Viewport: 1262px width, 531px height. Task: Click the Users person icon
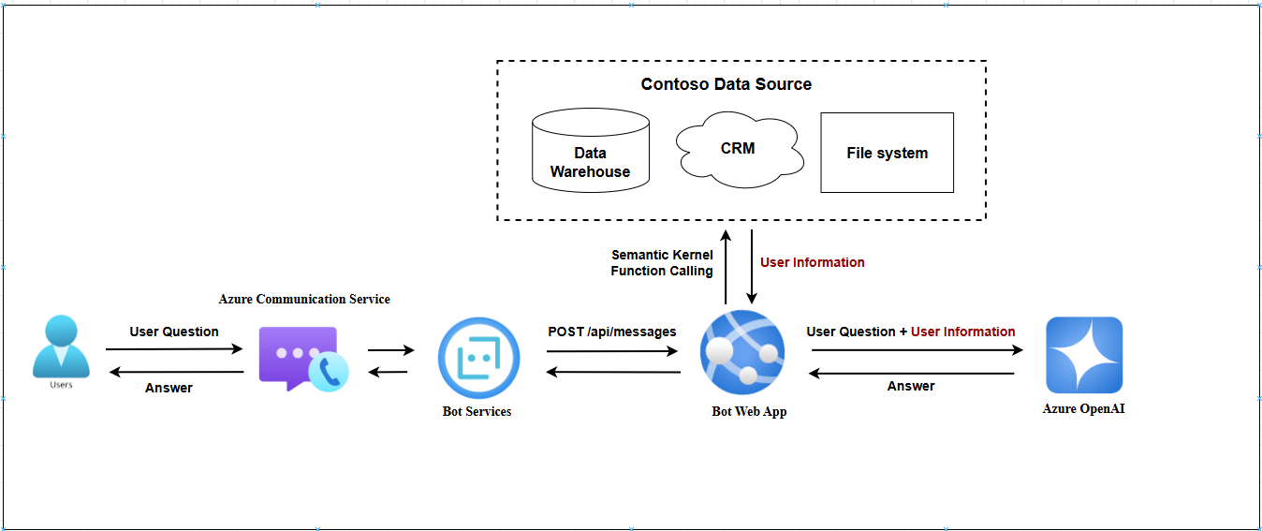point(61,347)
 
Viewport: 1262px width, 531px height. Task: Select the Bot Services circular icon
point(478,358)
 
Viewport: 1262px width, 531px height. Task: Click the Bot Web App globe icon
point(742,353)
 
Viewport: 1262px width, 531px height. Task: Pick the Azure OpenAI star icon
point(1084,355)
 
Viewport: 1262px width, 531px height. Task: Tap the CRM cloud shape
point(739,149)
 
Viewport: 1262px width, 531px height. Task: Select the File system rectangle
point(887,153)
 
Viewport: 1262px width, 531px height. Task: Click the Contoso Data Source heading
point(726,84)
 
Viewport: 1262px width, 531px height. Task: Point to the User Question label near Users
point(174,332)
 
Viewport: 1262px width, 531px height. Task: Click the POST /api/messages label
point(612,332)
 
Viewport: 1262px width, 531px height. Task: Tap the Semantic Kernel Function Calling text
point(662,263)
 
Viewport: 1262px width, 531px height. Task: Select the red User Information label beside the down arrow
point(813,262)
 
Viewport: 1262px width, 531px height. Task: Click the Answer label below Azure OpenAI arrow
point(911,386)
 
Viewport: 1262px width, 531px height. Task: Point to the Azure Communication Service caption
point(304,299)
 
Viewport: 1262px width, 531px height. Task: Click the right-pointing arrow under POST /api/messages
point(612,352)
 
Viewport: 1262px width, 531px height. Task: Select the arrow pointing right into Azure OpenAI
point(917,350)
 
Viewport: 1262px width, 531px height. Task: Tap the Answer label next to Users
point(169,388)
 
